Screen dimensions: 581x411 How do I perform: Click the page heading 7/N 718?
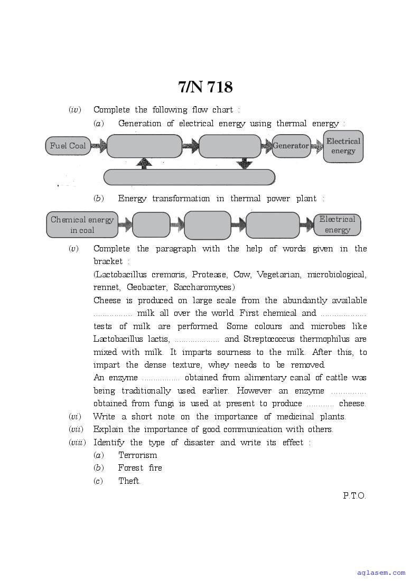[205, 87]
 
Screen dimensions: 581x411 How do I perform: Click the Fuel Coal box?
[68, 146]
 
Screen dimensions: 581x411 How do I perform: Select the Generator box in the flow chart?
[291, 146]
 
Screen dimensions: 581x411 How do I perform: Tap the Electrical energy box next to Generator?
[343, 146]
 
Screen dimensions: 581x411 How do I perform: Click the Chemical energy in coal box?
[82, 224]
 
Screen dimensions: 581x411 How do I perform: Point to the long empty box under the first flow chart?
[189, 177]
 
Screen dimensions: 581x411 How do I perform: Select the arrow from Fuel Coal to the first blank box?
[98, 146]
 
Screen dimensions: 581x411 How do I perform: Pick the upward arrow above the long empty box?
[144, 163]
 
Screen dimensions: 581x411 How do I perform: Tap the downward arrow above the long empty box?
[244, 163]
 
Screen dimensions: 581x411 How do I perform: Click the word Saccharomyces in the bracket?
[203, 287]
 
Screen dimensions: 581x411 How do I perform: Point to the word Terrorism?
[137, 455]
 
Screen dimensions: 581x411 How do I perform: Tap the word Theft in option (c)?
[129, 481]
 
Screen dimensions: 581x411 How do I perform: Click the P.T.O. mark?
[354, 496]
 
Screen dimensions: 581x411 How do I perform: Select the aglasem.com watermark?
[381, 573]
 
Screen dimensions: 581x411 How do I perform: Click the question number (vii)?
[76, 429]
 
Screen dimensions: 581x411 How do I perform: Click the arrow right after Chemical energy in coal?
[125, 225]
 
